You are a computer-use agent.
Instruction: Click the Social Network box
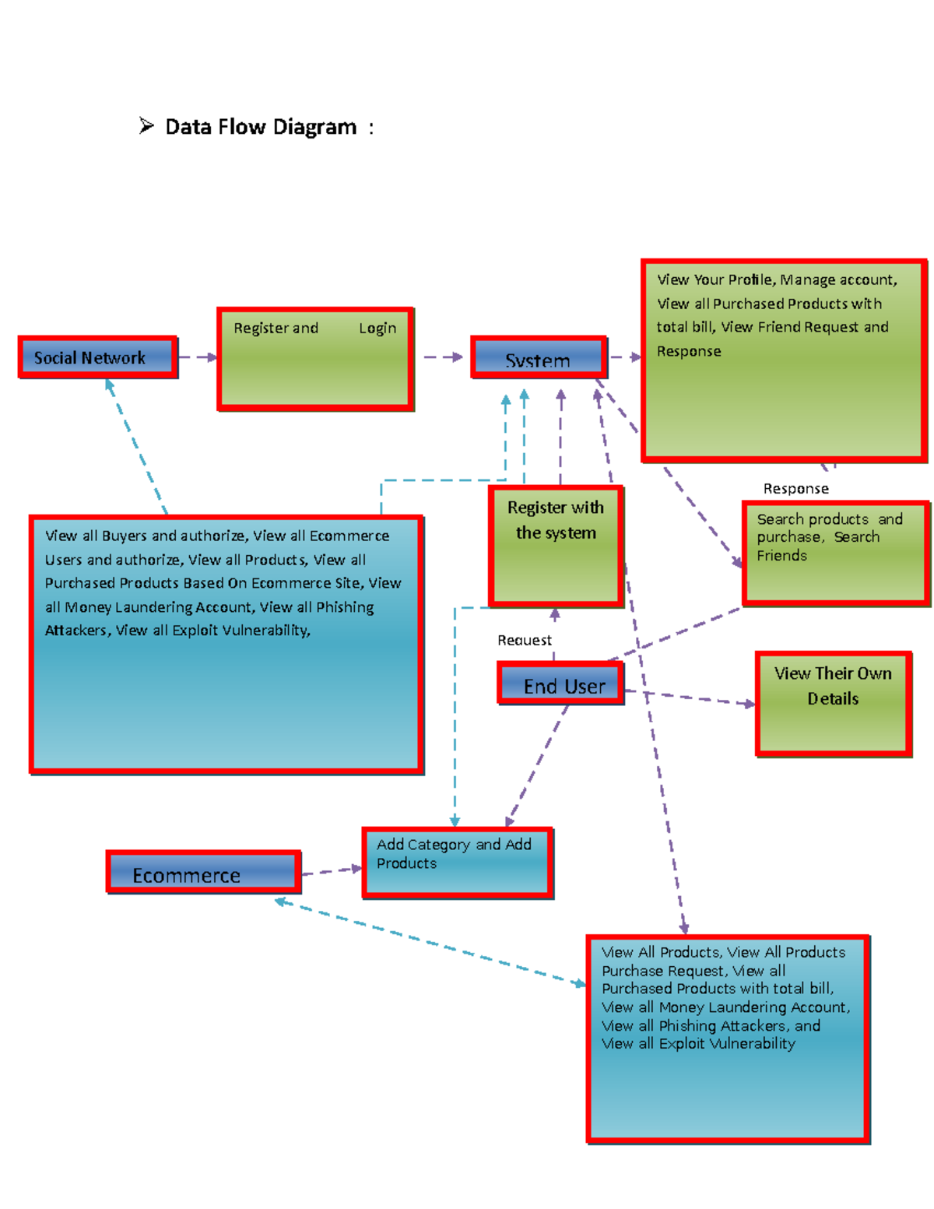click(98, 357)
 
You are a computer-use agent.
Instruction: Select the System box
click(538, 358)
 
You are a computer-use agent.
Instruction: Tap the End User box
click(561, 684)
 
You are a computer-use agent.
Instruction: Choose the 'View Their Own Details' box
click(833, 704)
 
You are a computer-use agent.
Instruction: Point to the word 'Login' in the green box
click(377, 329)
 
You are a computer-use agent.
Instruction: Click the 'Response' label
click(795, 489)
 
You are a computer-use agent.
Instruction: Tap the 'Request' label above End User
click(524, 640)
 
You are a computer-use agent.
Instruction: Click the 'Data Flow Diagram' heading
click(261, 127)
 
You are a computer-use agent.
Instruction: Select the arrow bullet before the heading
click(146, 125)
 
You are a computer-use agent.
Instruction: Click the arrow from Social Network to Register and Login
click(198, 357)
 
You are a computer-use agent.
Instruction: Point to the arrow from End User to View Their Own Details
click(689, 698)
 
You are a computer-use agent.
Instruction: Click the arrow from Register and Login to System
click(443, 357)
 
